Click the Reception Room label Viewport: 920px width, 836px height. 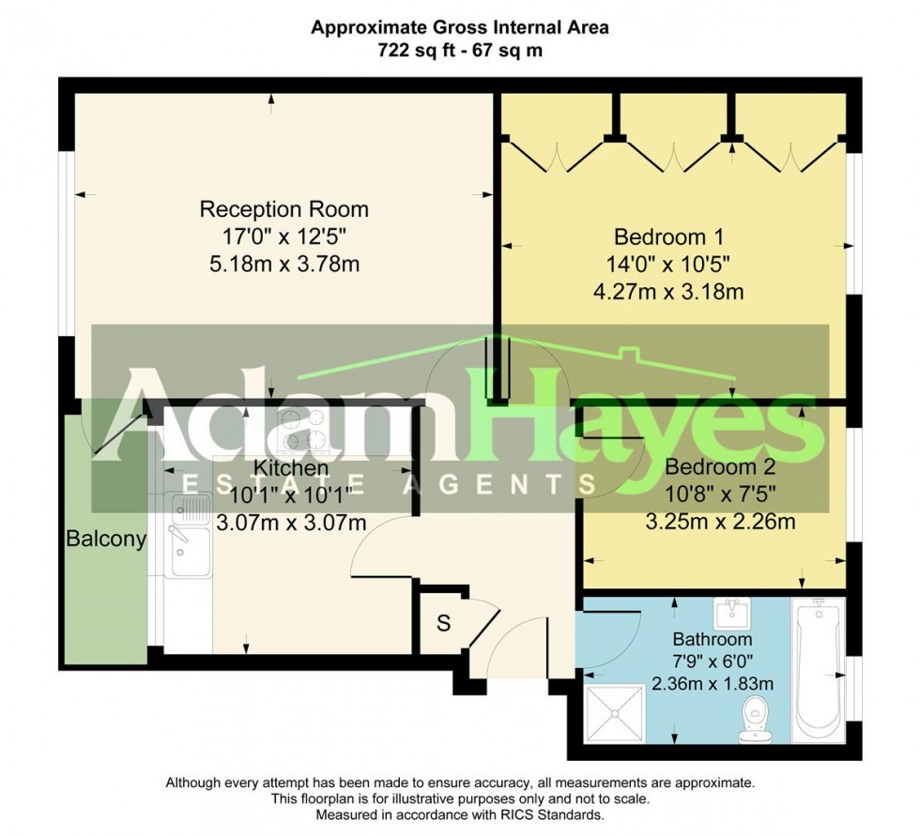coord(284,208)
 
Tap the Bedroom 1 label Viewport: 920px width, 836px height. coord(668,236)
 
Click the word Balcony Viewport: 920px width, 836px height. coord(105,539)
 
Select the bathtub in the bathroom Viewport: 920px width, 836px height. coord(820,670)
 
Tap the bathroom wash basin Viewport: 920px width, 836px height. coord(728,615)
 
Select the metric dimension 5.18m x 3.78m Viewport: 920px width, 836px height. coord(284,265)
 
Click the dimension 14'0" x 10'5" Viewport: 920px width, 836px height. coord(668,264)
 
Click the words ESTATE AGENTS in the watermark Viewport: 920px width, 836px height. coord(388,483)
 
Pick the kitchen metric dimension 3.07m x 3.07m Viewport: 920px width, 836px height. coord(291,523)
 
